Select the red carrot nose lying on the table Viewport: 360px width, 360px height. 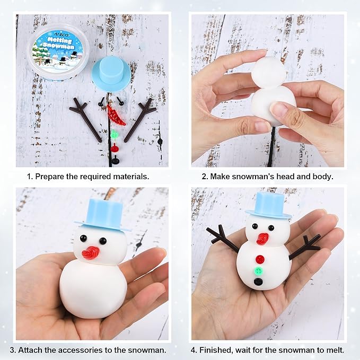coord(115,114)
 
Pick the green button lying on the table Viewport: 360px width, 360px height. coord(113,136)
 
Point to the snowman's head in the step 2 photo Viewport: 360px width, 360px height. coord(268,72)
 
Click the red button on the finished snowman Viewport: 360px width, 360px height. coord(260,259)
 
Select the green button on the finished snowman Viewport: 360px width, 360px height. coord(259,270)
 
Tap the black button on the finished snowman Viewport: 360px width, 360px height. coord(258,282)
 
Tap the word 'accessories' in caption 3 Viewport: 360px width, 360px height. coord(98,349)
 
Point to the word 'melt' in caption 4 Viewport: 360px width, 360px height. coord(333,349)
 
